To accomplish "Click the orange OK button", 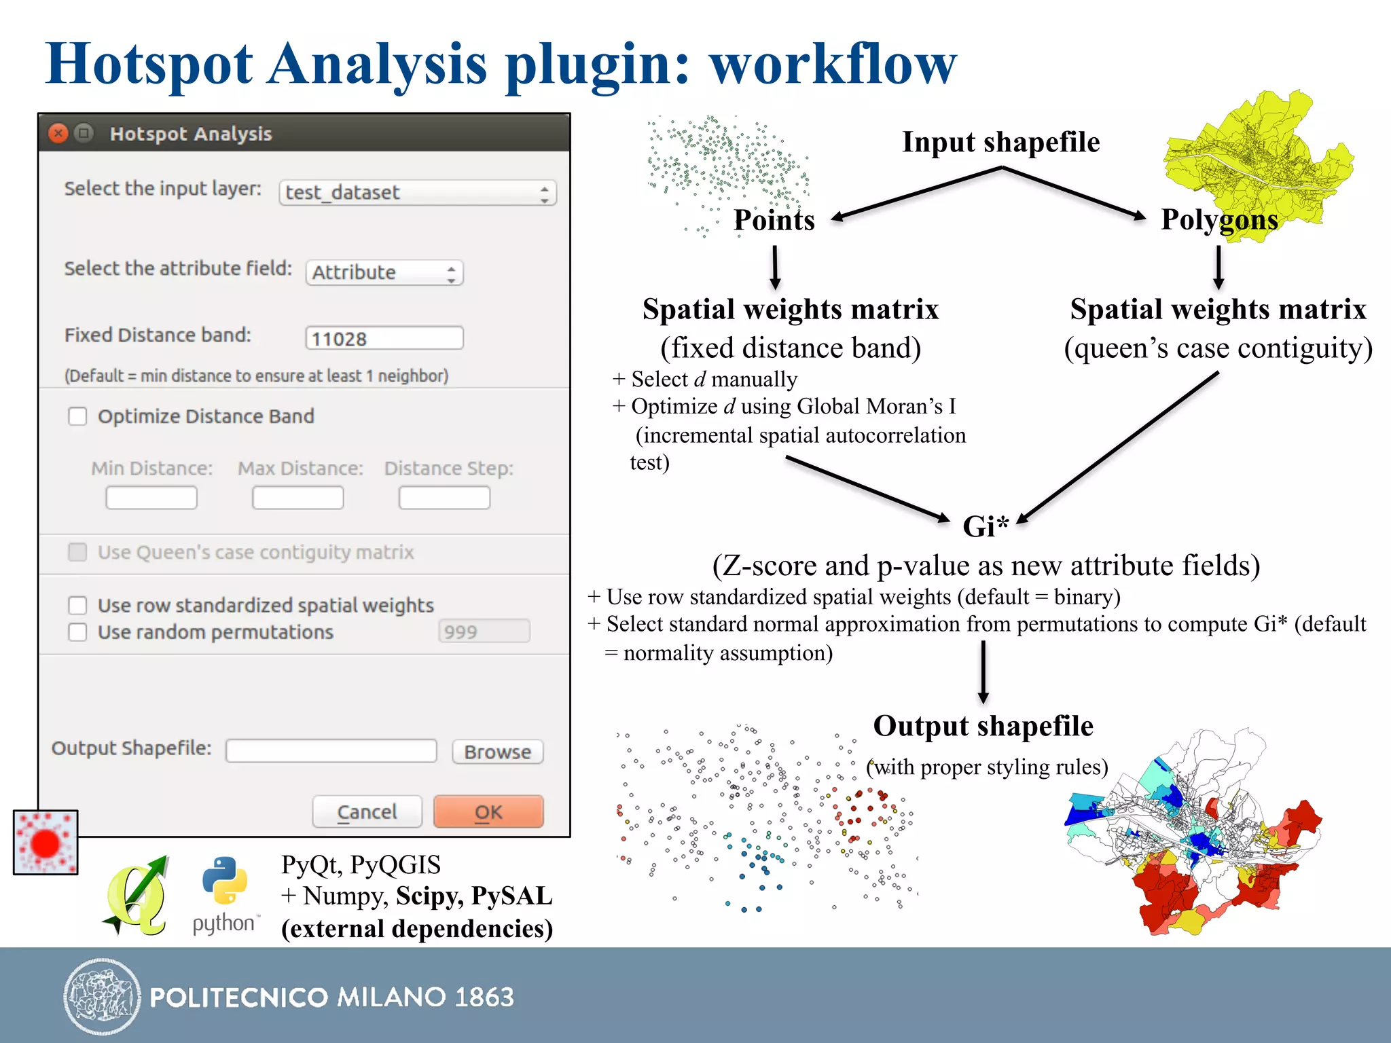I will [488, 811].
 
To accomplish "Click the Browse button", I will [497, 752].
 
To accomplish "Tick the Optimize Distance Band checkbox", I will [78, 416].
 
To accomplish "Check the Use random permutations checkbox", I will [78, 632].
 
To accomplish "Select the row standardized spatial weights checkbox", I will [78, 605].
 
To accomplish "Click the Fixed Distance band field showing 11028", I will [384, 338].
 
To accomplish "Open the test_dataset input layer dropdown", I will [418, 193].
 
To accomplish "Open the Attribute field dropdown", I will [384, 272].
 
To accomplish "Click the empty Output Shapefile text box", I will [331, 751].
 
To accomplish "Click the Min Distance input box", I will [151, 497].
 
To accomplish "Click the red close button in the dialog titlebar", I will [59, 133].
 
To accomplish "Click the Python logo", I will [225, 880].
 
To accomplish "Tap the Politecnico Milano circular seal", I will [102, 997].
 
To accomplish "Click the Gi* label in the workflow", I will [986, 526].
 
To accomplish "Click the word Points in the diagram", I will [774, 220].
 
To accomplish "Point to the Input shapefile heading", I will [1000, 142].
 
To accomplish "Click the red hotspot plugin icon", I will [46, 842].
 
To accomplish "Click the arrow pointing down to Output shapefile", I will [983, 672].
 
